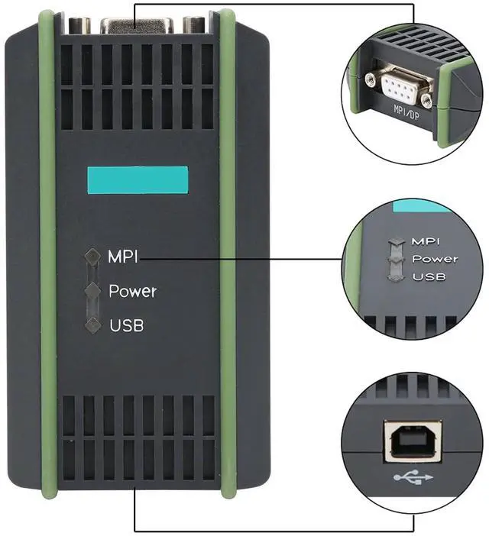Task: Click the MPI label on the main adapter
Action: [x=122, y=257]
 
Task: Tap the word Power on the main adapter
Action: [x=132, y=292]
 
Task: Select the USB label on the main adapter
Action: [x=126, y=326]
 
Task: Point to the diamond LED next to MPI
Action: [x=93, y=257]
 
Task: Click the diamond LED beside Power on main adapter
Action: [x=93, y=291]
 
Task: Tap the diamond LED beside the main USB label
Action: [x=93, y=325]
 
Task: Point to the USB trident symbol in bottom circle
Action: [x=413, y=478]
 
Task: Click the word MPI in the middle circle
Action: [x=424, y=241]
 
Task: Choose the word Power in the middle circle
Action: [x=435, y=258]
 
